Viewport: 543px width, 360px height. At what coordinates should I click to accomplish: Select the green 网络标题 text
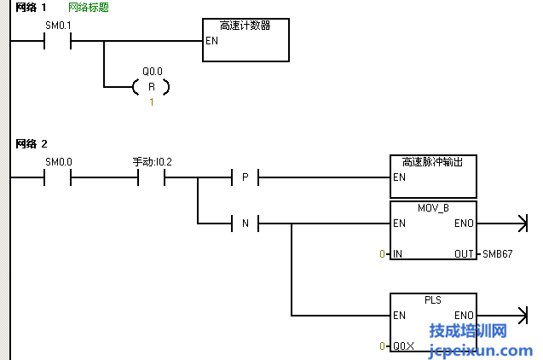tap(89, 7)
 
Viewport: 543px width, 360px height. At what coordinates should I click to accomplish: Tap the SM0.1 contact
tap(57, 40)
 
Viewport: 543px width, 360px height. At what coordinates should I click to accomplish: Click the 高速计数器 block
tap(246, 40)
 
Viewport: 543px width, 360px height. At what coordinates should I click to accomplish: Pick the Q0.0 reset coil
tap(152, 86)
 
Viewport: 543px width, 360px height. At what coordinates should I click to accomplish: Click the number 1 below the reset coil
tap(152, 102)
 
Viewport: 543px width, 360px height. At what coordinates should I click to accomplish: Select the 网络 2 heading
tap(32, 143)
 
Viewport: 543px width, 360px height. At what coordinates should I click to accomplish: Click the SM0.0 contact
tap(57, 177)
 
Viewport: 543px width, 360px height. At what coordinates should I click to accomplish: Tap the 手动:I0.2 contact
tap(151, 177)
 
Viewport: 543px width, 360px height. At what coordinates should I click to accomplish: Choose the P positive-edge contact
tap(245, 177)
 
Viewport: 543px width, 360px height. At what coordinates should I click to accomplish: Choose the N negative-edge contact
tap(245, 224)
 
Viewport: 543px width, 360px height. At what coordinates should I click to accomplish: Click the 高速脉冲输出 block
tap(433, 177)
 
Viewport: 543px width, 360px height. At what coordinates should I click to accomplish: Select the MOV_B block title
tap(433, 208)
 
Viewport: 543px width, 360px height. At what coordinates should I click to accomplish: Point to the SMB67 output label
tap(498, 254)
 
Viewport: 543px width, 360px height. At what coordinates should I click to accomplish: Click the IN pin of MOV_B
tap(398, 254)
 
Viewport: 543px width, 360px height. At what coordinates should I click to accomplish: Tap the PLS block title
tap(433, 300)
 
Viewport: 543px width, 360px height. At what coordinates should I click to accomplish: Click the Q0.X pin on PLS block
tap(403, 346)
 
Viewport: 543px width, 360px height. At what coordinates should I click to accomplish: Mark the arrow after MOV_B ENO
tap(516, 224)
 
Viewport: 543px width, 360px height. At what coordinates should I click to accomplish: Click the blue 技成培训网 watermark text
tap(468, 331)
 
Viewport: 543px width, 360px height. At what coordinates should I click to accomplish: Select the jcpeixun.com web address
tap(481, 350)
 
